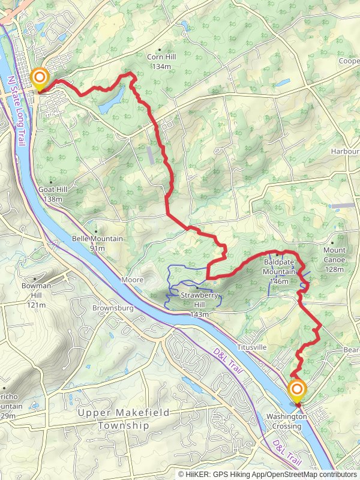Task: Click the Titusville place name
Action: click(x=251, y=347)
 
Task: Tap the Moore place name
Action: click(x=132, y=280)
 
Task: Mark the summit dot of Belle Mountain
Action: click(x=95, y=231)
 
